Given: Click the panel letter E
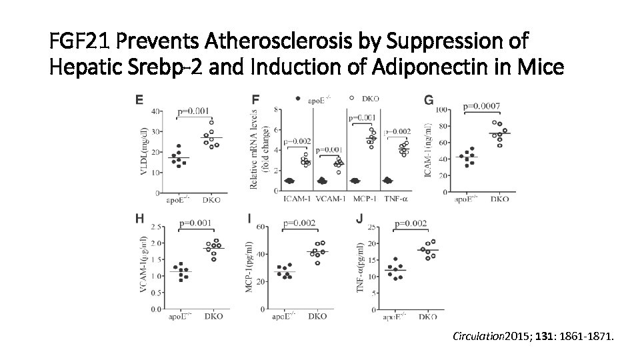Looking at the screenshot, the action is pyautogui.click(x=139, y=100).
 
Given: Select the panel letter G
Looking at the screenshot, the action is pyautogui.click(x=429, y=100).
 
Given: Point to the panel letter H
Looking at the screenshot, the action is pyautogui.click(x=140, y=218).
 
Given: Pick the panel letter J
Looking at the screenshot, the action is pyautogui.click(x=360, y=218).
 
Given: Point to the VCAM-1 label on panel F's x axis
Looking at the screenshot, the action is pyautogui.click(x=329, y=200).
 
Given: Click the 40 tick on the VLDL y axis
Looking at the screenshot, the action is pyautogui.click(x=155, y=111).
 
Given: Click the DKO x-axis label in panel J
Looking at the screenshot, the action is pyautogui.click(x=428, y=317).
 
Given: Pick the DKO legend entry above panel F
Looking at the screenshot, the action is pyautogui.click(x=370, y=99).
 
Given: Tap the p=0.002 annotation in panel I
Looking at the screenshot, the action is pyautogui.click(x=299, y=223).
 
